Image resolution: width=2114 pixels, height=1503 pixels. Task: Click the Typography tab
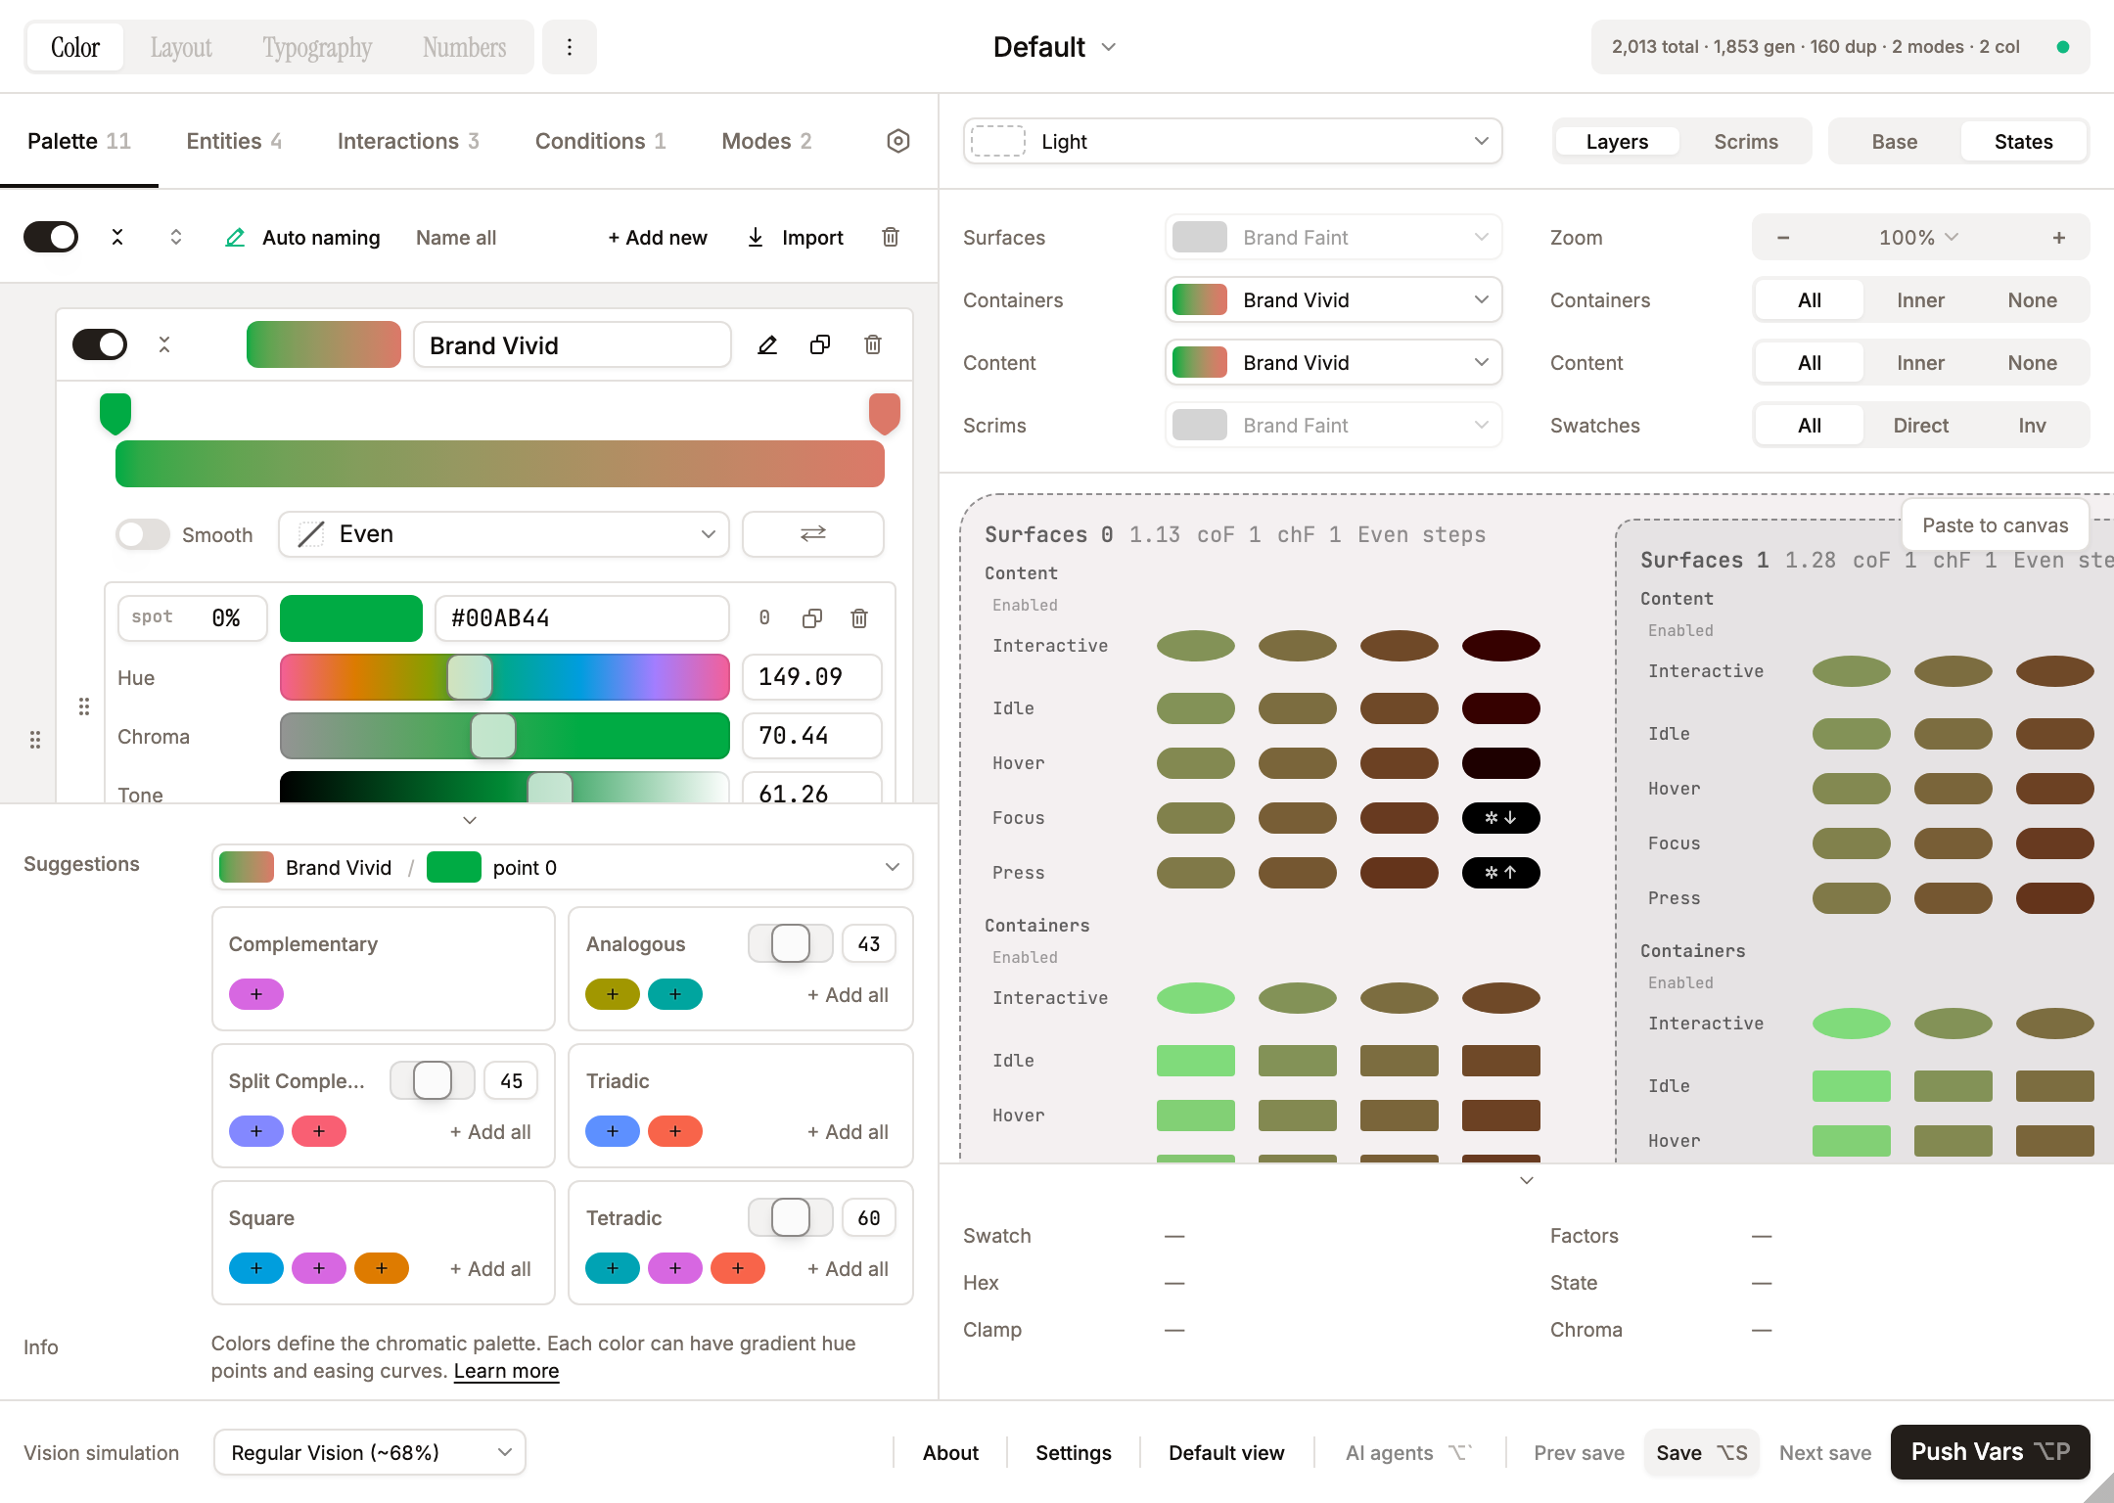[x=316, y=47]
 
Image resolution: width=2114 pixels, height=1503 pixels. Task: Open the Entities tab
[x=233, y=141]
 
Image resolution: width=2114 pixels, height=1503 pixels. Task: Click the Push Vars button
[x=1989, y=1452]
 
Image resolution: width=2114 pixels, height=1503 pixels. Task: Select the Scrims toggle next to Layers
[x=1745, y=142]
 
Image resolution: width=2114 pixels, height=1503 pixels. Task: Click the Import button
[x=795, y=238]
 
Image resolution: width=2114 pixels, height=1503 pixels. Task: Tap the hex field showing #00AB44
[x=581, y=618]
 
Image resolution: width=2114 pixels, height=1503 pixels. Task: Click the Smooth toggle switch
[x=143, y=534]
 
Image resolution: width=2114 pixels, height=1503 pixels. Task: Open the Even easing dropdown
[x=504, y=534]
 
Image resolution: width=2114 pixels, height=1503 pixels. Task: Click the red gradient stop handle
[x=884, y=413]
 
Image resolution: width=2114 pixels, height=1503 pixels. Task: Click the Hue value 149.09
[x=811, y=677]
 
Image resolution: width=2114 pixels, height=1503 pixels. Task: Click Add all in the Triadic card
[x=847, y=1132]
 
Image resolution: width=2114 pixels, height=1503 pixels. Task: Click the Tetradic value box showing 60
[x=868, y=1218]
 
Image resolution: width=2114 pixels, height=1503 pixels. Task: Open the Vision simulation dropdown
[x=370, y=1453]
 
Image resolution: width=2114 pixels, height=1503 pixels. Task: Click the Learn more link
[x=506, y=1371]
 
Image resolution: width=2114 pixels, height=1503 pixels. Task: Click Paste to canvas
[x=1995, y=525]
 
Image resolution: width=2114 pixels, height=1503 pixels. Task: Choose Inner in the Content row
[x=1919, y=363]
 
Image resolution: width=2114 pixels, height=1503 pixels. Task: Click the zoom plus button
[x=2058, y=238]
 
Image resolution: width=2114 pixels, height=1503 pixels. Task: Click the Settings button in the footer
[x=1073, y=1453]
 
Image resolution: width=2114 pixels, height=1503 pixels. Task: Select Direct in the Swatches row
[x=1919, y=426]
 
